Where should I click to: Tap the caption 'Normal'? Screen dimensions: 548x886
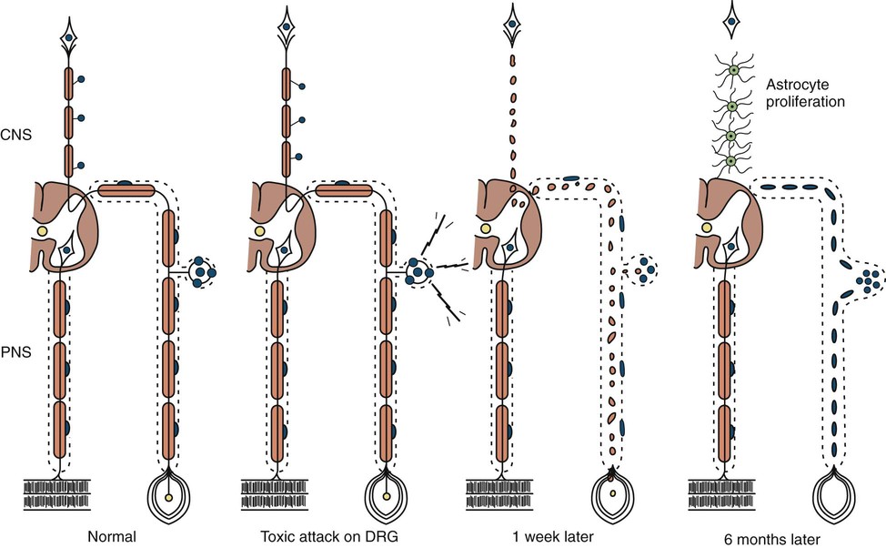114,537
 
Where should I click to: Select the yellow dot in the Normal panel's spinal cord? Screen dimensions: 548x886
42,233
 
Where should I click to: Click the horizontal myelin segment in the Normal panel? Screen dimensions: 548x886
126,190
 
